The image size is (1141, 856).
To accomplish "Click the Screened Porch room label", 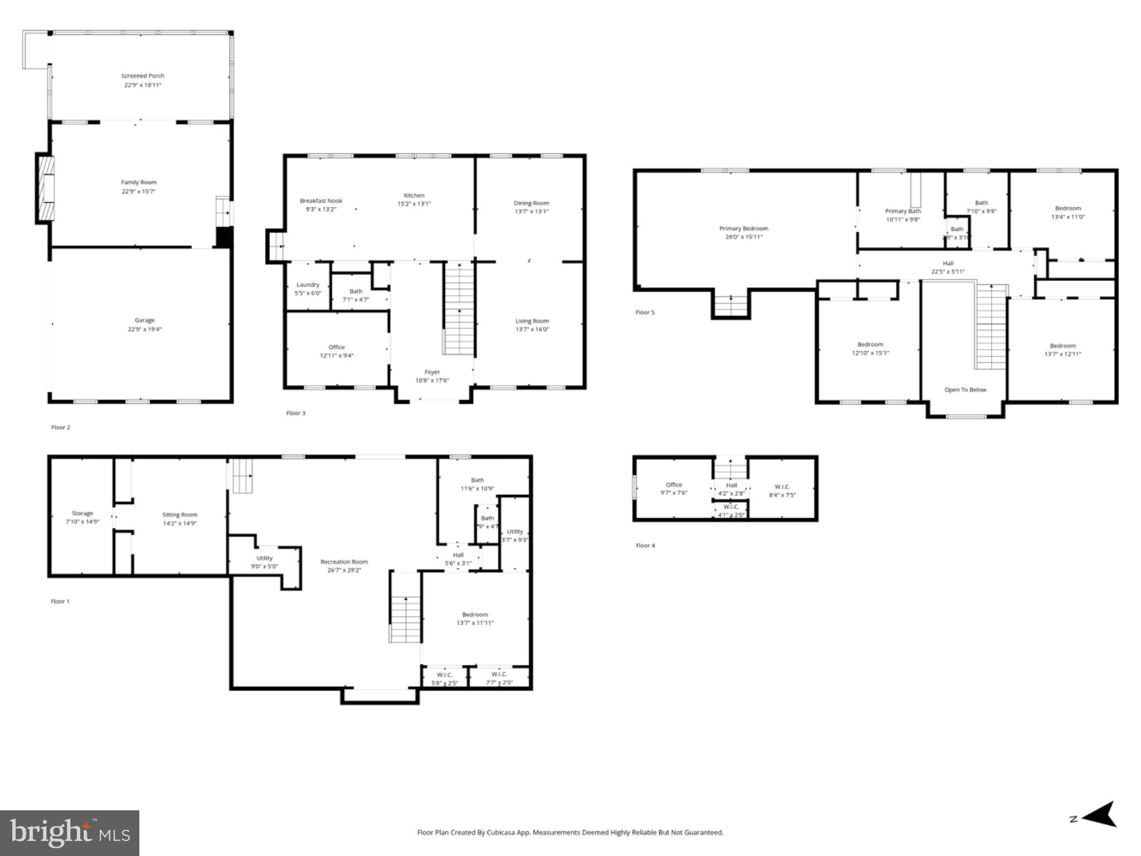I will [143, 76].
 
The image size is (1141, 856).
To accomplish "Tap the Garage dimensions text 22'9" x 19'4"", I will [144, 329].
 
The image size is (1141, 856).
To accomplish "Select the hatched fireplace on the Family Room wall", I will [45, 188].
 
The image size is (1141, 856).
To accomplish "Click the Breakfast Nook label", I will [321, 201].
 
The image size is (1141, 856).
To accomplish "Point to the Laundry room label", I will [308, 285].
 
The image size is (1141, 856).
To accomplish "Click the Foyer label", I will [432, 372].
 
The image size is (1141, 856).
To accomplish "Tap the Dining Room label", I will [531, 203].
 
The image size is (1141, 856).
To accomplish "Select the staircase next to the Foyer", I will [459, 309].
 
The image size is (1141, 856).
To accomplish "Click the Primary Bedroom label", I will [744, 228].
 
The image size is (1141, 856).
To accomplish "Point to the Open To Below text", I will [965, 390].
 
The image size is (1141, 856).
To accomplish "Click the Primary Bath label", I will [903, 211].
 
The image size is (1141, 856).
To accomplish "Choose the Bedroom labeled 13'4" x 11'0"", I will [1067, 212].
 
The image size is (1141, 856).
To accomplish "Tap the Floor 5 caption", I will [645, 313].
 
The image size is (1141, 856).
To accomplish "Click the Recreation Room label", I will [344, 562].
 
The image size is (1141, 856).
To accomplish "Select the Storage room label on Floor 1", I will [82, 513].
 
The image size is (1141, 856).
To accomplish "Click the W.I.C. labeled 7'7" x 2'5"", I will [499, 678].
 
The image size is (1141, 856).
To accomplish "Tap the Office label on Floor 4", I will [673, 485].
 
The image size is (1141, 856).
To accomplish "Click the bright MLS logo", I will [70, 833].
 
